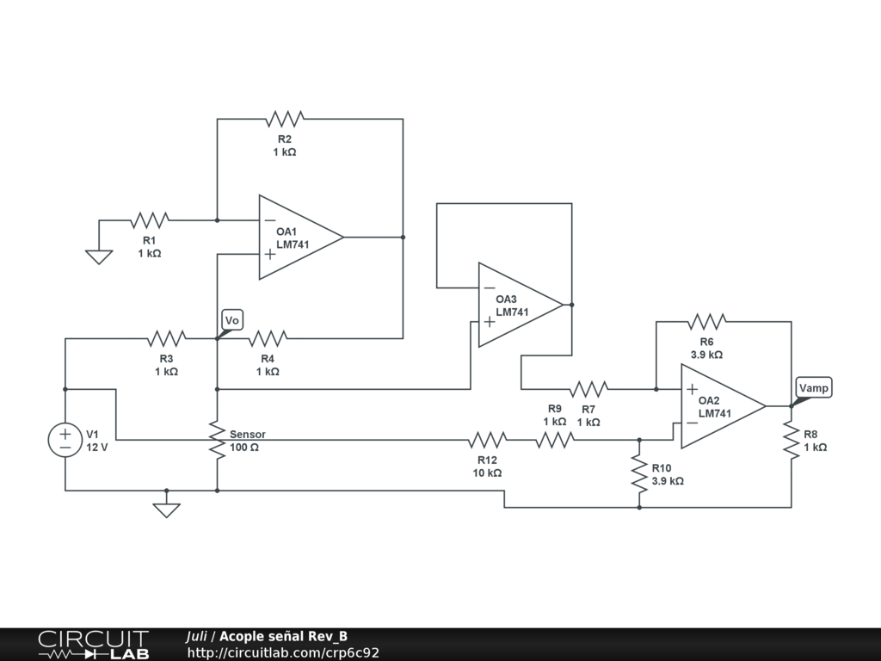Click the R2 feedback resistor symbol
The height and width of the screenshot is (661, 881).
285,119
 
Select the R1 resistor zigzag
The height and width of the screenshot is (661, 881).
150,220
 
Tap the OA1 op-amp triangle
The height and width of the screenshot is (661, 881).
301,238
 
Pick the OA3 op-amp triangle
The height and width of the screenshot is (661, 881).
521,305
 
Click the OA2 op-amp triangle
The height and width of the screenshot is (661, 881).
724,406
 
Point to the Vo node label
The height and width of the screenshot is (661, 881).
232,320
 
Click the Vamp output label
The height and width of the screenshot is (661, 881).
814,388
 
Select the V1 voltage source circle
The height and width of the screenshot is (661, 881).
65,440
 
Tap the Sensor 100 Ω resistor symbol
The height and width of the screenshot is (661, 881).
218,440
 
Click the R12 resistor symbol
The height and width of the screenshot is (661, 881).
488,440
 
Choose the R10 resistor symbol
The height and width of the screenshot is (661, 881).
639,473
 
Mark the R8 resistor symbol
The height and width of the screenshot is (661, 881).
792,440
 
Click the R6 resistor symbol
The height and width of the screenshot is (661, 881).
707,322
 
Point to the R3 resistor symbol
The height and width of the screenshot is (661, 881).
166,338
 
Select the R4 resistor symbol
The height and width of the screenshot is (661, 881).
268,338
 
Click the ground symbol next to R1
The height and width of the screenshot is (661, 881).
99,256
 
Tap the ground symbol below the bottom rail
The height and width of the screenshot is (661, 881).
166,510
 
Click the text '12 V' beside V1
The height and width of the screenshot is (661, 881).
96,448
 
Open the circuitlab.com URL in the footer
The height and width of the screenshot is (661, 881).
283,652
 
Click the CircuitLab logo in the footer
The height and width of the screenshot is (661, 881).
93,645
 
